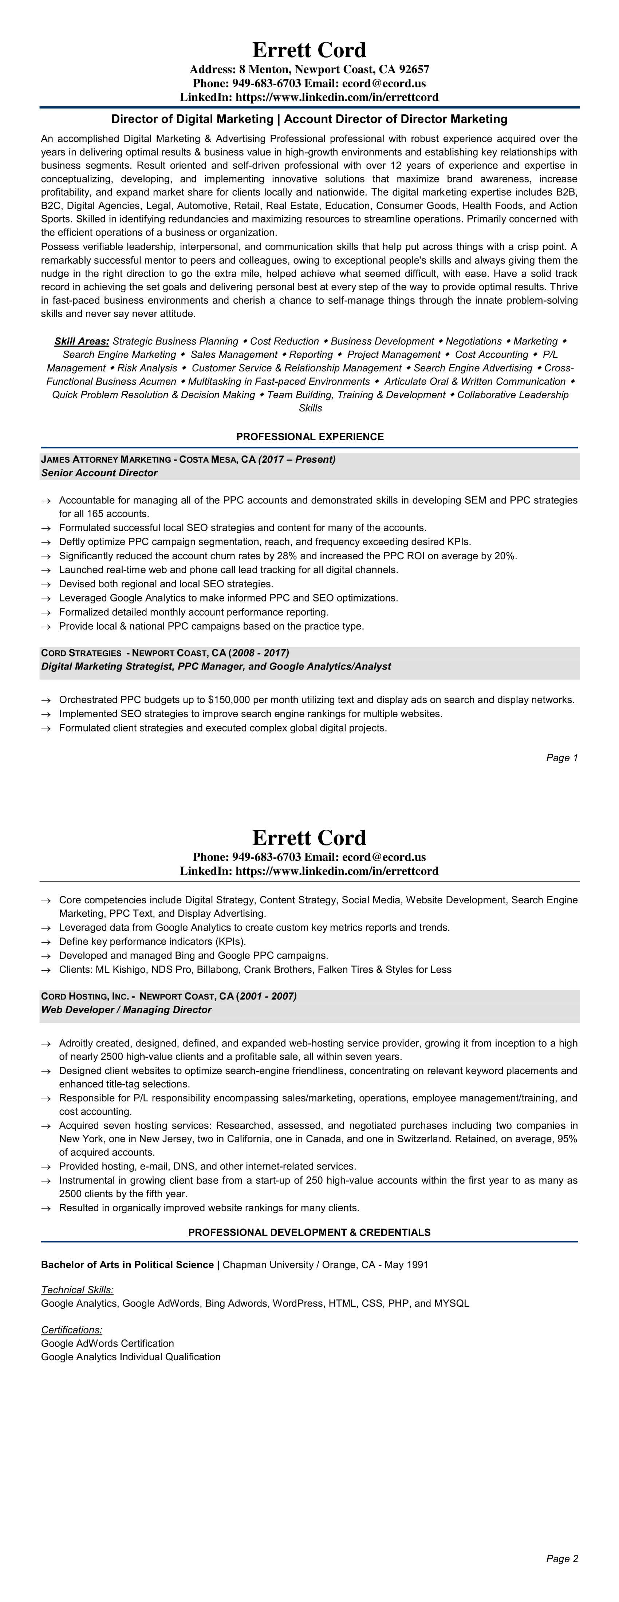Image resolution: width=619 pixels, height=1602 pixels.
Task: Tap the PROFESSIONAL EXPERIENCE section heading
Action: (x=310, y=437)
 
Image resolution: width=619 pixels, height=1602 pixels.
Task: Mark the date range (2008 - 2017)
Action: (x=259, y=653)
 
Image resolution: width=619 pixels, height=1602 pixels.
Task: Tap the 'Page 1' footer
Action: (x=562, y=757)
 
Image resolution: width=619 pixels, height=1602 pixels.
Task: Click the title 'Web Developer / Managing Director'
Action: (x=126, y=1010)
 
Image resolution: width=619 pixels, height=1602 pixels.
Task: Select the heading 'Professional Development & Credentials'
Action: (x=309, y=1232)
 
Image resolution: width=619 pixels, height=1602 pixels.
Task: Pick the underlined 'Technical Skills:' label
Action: (x=77, y=1290)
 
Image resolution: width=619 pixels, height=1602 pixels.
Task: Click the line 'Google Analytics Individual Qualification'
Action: (x=131, y=1357)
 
